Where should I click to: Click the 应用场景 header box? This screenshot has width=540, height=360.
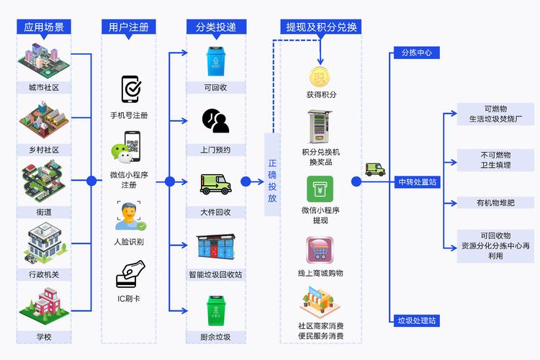44,27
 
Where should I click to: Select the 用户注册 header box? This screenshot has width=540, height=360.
129,27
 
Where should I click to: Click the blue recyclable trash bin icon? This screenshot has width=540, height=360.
215,61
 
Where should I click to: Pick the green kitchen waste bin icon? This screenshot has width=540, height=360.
215,310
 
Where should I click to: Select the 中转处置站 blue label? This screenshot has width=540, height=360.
417,182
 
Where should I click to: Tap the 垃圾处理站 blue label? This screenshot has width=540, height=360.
417,320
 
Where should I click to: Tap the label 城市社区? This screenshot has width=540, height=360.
43,88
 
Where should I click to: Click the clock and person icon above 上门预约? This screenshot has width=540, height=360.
215,121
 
